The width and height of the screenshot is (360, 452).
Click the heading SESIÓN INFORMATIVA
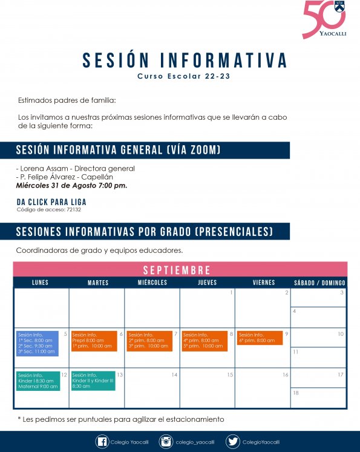pyautogui.click(x=185, y=61)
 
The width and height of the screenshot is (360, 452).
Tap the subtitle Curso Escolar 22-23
pyautogui.click(x=184, y=77)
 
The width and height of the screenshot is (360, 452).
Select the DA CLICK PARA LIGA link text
pyautogui.click(x=51, y=202)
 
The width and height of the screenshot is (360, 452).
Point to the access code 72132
pyautogui.click(x=48, y=210)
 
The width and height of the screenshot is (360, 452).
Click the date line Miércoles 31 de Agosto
pyautogui.click(x=71, y=185)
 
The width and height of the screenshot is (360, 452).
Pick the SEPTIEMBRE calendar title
pyautogui.click(x=177, y=270)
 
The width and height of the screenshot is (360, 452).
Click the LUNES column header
pyautogui.click(x=41, y=283)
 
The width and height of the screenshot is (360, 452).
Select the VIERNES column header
pyautogui.click(x=263, y=283)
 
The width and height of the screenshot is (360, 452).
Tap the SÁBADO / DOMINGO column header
pyautogui.click(x=319, y=283)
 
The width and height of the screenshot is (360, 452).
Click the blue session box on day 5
pyautogui.click(x=38, y=343)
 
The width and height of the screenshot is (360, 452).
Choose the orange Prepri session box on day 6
pyautogui.click(x=93, y=340)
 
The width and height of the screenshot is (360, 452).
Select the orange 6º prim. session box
pyautogui.click(x=260, y=338)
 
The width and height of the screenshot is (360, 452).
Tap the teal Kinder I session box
pyautogui.click(x=38, y=381)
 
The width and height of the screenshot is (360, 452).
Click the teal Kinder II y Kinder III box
pyautogui.click(x=93, y=380)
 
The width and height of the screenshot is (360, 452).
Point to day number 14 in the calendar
pyautogui.click(x=174, y=375)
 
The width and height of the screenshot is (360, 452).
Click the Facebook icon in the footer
pyautogui.click(x=102, y=442)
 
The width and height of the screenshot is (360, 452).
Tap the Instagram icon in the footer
pyautogui.click(x=165, y=442)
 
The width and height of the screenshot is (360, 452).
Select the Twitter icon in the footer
pyautogui.click(x=232, y=442)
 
